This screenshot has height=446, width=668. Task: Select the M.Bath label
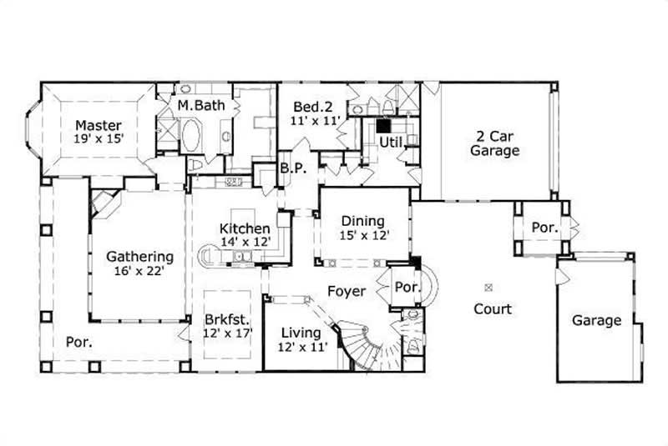point(199,106)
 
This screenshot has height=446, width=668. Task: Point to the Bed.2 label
point(312,107)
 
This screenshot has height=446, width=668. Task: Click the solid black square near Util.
point(383,126)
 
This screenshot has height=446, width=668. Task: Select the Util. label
point(392,143)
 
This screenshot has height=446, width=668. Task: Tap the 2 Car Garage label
point(494,143)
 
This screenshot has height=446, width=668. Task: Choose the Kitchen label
point(244,228)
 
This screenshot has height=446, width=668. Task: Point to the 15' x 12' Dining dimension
point(362,235)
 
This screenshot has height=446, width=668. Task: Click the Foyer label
point(346,292)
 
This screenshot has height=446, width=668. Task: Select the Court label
point(492,308)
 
